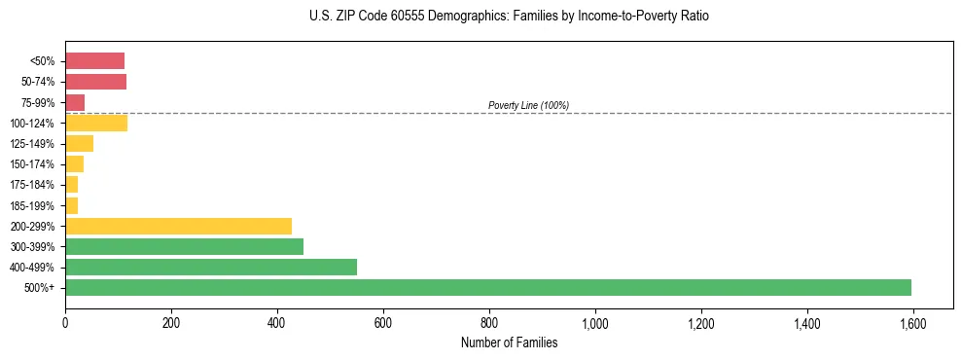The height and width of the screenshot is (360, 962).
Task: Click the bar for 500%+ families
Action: tap(488, 288)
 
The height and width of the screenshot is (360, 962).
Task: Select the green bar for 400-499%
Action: tap(211, 268)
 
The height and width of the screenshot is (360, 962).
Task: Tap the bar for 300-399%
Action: tap(184, 247)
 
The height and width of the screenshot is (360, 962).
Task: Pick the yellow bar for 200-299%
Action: tap(178, 226)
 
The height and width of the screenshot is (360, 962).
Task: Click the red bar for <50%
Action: tap(94, 61)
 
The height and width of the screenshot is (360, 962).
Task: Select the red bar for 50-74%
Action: tap(95, 82)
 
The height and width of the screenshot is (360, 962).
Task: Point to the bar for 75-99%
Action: tap(75, 102)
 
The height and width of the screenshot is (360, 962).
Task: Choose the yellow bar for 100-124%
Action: tap(96, 124)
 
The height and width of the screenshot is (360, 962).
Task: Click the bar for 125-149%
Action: tap(79, 144)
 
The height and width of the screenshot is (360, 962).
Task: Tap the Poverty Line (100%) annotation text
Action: tap(528, 105)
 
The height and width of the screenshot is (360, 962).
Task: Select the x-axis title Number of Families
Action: tap(509, 342)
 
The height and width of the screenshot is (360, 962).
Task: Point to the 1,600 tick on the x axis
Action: tap(912, 323)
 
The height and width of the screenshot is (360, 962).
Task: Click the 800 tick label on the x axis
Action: tap(489, 323)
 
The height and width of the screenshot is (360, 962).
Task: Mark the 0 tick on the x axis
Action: tap(65, 323)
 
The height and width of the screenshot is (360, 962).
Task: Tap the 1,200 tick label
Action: tap(700, 323)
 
